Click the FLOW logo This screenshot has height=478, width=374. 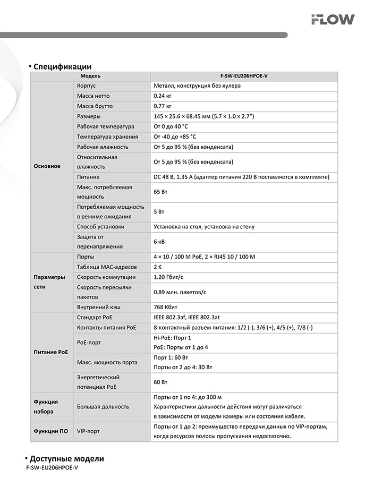333,20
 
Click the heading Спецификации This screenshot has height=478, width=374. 63,67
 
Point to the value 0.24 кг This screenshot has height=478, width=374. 163,96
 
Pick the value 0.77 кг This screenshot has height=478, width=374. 163,106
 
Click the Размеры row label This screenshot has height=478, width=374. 89,116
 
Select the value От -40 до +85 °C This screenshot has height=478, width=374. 178,137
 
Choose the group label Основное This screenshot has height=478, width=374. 47,166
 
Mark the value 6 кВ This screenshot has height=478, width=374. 159,242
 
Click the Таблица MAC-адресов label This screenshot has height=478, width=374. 107,267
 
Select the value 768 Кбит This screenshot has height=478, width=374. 165,307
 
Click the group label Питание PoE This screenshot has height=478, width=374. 50,353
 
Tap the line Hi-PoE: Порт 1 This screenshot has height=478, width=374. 172,338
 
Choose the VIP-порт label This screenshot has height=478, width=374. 89,432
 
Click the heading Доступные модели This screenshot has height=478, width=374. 67,459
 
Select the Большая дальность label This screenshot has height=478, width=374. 103,407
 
